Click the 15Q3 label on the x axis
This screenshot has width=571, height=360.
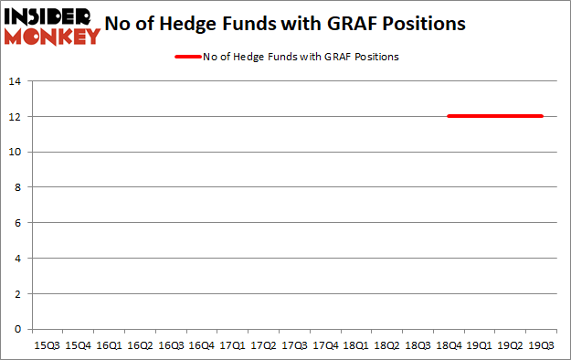pos(48,346)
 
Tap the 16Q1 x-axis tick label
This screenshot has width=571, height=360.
pos(109,346)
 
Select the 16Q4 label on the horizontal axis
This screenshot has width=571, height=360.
pos(202,346)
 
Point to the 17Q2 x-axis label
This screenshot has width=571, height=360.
pos(264,346)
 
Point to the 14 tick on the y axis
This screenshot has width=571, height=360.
pos(17,81)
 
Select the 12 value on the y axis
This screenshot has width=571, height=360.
pos(17,117)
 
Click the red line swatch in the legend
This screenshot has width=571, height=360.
pos(187,57)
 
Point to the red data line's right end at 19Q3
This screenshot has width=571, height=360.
pos(542,116)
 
